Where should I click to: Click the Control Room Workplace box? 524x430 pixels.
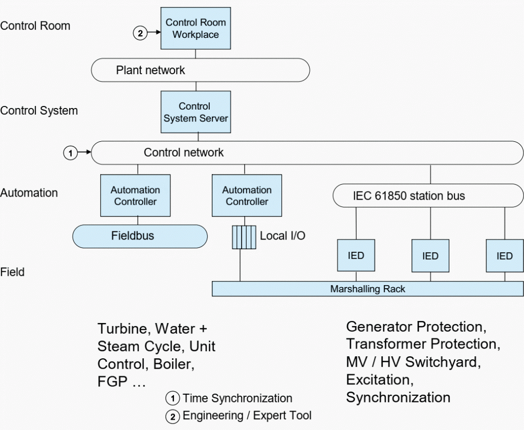coord(195,29)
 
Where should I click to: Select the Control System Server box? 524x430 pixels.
coord(196,112)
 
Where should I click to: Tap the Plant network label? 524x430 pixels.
coord(150,70)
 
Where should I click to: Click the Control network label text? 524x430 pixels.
coord(184,153)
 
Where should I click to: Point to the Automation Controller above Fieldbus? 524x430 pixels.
coord(135,196)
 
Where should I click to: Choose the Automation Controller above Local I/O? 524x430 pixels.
coord(247,196)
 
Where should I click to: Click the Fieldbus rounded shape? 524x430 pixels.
coord(140,236)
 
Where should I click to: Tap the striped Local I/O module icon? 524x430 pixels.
coord(244,238)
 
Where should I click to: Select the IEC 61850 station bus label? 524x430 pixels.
coord(409,196)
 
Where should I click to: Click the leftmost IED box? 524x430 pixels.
coord(356,255)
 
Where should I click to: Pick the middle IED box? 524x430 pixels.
coord(430,255)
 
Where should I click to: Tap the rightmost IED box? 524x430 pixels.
coord(505,255)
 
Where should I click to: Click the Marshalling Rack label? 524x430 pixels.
coord(367,289)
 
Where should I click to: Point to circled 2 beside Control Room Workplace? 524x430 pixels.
coord(140,33)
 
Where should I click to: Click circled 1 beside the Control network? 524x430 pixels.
coord(71,153)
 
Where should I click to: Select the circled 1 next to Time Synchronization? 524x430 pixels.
coord(173,398)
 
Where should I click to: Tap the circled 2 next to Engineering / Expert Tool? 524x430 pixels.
coord(173,417)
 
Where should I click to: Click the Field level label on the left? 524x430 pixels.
coord(12,272)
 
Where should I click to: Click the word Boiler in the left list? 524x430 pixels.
coord(174,364)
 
